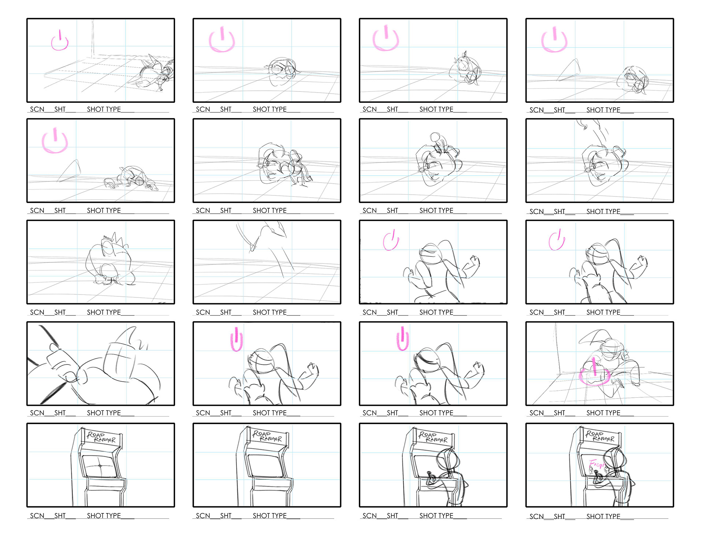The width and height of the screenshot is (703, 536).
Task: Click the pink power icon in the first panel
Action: tap(60, 41)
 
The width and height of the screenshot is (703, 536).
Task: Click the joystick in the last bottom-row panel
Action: tap(599, 477)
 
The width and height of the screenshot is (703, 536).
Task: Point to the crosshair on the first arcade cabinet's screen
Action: tap(100, 466)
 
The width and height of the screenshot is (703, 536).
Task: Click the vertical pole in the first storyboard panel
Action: tap(93, 37)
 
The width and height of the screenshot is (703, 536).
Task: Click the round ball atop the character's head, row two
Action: tap(435, 138)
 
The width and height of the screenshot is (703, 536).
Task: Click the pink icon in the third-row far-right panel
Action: tap(557, 240)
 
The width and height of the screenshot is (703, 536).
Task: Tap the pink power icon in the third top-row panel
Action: tap(385, 39)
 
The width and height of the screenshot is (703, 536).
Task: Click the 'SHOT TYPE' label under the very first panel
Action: tap(104, 109)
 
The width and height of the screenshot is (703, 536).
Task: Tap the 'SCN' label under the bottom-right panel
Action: tap(536, 516)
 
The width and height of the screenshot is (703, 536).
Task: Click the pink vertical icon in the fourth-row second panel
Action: tap(237, 340)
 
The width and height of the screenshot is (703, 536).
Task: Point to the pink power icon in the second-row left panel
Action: tap(55, 141)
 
